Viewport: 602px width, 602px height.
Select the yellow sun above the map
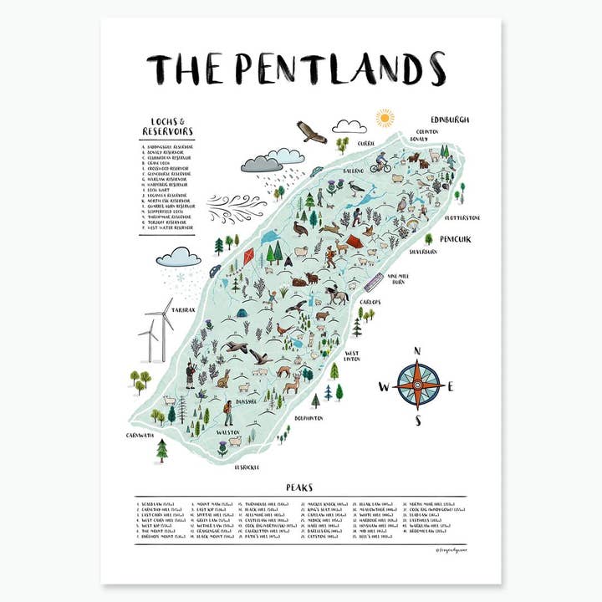pos(385,117)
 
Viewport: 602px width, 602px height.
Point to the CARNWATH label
pos(140,435)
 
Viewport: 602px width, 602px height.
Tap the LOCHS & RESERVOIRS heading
pos(167,126)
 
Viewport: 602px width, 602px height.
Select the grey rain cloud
pos(261,164)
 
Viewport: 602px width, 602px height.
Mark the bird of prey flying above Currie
pos(311,132)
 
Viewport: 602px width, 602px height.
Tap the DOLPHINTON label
pos(308,416)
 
